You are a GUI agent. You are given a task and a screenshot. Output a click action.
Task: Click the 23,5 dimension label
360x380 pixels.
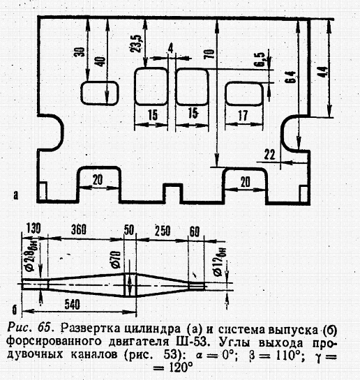click(137, 43)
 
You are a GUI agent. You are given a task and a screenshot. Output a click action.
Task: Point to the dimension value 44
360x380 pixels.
click(323, 72)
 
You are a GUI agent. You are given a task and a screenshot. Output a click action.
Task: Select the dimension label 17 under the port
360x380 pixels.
click(243, 115)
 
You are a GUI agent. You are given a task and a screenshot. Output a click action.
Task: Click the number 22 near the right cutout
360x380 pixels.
click(269, 154)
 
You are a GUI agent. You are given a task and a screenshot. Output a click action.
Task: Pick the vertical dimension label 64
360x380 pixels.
click(291, 77)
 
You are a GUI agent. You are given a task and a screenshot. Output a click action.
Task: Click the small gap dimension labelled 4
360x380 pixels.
click(171, 48)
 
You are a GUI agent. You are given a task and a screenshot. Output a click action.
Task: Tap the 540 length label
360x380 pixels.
click(73, 305)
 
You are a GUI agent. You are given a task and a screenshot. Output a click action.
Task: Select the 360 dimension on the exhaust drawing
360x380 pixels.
click(79, 229)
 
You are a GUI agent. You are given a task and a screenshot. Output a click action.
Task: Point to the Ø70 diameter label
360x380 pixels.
click(117, 260)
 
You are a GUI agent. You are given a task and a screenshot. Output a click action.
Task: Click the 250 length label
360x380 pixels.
click(163, 231)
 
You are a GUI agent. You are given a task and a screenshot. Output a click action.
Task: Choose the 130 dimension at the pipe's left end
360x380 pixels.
click(33, 229)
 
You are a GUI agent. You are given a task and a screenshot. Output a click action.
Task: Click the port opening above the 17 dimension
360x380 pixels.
click(244, 94)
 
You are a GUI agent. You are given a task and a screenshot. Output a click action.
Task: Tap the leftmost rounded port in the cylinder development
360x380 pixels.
click(99, 93)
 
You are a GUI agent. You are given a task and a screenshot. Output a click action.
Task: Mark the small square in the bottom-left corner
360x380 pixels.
click(43, 191)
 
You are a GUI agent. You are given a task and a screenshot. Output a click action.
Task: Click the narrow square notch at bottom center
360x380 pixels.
click(172, 192)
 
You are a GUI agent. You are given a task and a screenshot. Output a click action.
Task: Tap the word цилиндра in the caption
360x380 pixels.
click(153, 329)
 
